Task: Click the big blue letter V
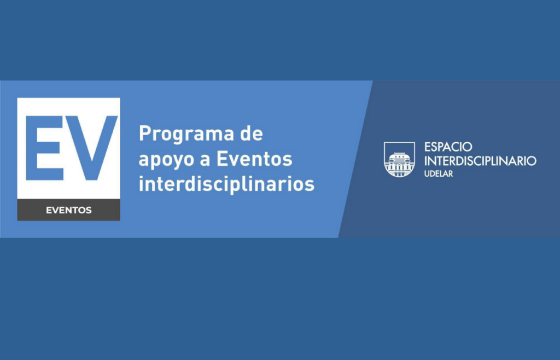(x=91, y=148)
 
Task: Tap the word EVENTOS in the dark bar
(x=68, y=210)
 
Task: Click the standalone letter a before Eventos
(x=205, y=160)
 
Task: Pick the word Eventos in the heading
(x=255, y=159)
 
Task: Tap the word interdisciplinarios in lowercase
(x=226, y=184)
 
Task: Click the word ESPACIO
(x=448, y=147)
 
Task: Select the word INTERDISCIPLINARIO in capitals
(x=480, y=161)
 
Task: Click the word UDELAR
(x=439, y=174)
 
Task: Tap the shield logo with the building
(x=399, y=159)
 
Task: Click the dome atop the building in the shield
(x=399, y=155)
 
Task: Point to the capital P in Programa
(x=145, y=133)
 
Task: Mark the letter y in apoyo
(x=176, y=162)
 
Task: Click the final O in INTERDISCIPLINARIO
(x=530, y=161)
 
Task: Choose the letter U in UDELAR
(x=427, y=174)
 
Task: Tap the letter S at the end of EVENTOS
(x=89, y=210)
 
